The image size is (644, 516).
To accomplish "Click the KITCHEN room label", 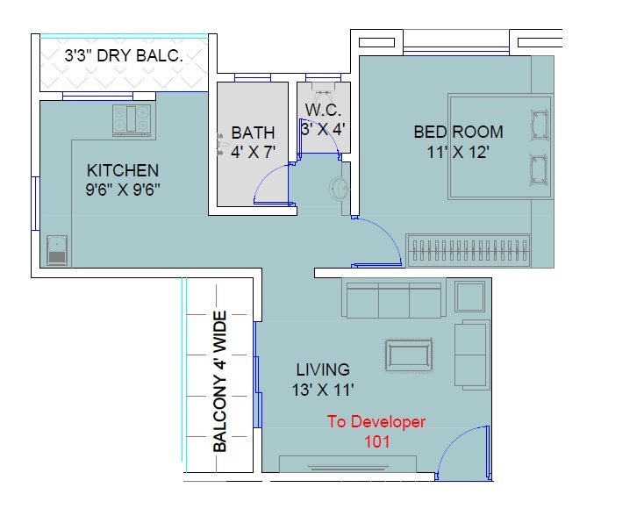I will coord(122,169).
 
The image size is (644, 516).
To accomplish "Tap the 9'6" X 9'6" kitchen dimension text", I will coord(123,188).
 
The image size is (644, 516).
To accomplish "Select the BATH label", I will coord(253,133).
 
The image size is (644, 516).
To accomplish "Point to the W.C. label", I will coord(322,110).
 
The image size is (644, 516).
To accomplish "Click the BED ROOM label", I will coord(459,133).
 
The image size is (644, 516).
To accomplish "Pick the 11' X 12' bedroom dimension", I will coord(457,151).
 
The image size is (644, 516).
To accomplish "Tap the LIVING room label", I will coord(322,369).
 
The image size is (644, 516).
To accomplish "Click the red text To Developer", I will coord(376,422).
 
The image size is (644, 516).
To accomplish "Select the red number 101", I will coord(376,441).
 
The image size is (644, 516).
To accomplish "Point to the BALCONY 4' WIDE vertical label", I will coord(220,382).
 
